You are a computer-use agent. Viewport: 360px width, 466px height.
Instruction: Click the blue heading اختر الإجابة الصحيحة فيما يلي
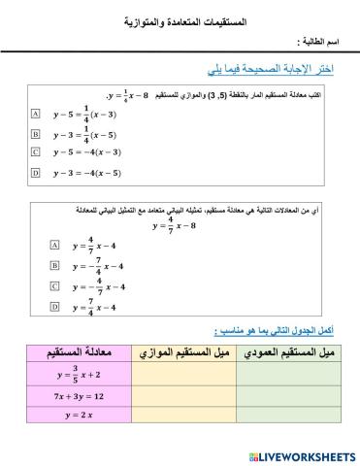(264, 71)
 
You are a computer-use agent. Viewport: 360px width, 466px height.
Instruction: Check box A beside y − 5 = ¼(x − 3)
(36, 113)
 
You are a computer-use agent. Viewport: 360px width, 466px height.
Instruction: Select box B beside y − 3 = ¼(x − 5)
(36, 133)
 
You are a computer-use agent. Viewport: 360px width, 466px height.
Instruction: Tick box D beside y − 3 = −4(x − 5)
(36, 173)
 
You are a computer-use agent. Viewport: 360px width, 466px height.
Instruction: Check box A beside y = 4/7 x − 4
(54, 247)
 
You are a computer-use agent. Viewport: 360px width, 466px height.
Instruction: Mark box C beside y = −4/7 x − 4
(54, 286)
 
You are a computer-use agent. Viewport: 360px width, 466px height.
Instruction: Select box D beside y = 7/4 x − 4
(54, 307)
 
